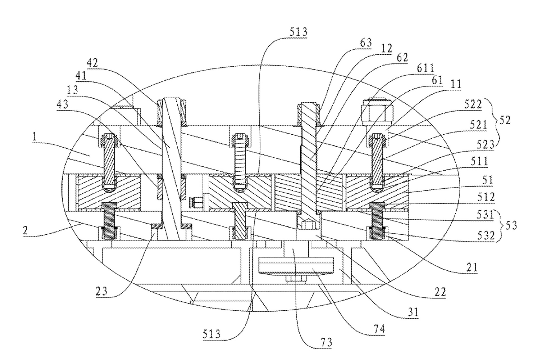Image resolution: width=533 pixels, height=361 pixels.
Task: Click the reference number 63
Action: coord(366,43)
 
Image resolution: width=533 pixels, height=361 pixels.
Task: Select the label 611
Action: coord(426,68)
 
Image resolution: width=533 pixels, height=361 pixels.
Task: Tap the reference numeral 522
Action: coord(473,105)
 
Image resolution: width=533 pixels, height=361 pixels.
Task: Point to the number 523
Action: coord(485,144)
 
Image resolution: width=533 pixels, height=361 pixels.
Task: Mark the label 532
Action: coord(486,236)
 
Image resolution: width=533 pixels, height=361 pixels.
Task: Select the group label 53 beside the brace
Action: coord(511,225)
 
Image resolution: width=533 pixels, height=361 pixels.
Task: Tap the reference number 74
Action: coord(379,329)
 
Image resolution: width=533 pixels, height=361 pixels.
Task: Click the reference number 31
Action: coord(413,312)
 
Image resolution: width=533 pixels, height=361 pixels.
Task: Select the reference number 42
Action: coord(92,63)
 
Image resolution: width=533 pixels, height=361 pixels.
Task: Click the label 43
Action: coord(62,104)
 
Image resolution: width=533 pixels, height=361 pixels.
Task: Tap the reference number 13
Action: coord(72,90)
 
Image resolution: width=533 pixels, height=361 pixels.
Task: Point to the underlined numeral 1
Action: coord(36,138)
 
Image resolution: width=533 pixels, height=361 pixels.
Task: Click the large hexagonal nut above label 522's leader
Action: coord(377,112)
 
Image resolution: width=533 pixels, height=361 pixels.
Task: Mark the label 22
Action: coord(440,292)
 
